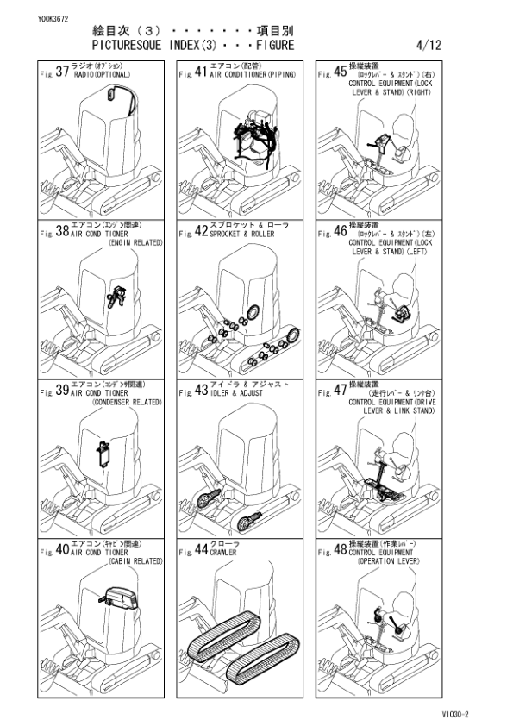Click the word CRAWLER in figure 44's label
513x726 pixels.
point(222,553)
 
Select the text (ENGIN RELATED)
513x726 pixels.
point(135,243)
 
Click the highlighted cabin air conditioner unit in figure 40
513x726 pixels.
point(120,598)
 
